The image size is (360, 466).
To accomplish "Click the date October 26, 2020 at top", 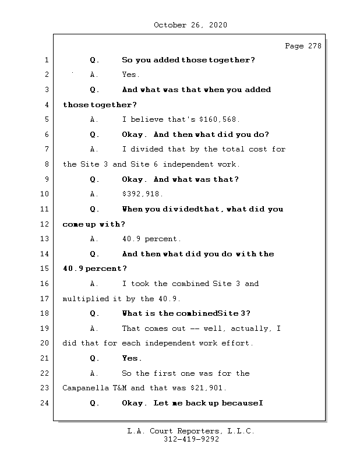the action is (x=190, y=25).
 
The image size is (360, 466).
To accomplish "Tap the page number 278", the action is (x=315, y=46).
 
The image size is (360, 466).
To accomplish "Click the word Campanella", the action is (x=86, y=388).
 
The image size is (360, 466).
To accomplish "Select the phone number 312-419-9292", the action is (x=191, y=439).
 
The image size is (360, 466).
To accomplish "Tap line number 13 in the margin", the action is (x=45, y=239).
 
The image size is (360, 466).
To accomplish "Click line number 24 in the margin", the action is (x=45, y=403).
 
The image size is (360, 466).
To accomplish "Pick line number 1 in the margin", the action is (x=47, y=60).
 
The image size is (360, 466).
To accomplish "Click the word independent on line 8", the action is (x=188, y=164).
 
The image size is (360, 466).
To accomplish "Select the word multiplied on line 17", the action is (x=86, y=298).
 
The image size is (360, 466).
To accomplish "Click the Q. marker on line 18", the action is (x=94, y=313).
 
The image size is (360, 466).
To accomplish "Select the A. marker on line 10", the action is (x=94, y=194).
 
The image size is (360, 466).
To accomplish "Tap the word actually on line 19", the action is (x=249, y=329).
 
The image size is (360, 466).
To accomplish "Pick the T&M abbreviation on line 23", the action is (x=119, y=388).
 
